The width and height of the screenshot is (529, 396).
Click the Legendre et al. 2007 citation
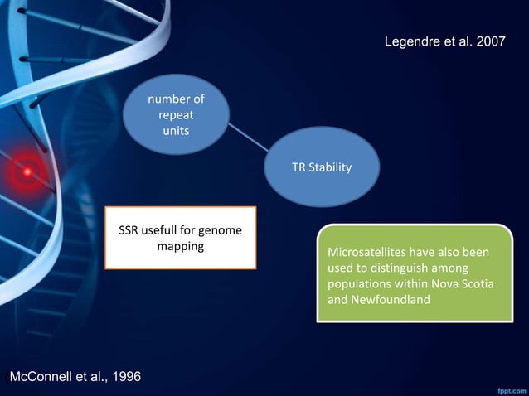click(x=444, y=42)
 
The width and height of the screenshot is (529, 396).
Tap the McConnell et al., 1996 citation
click(x=75, y=377)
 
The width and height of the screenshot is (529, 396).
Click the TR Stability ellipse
click(x=321, y=168)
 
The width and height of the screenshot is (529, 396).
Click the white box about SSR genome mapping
click(x=180, y=238)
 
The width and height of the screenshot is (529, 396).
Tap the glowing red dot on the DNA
click(x=27, y=171)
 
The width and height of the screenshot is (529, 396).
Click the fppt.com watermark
click(x=508, y=388)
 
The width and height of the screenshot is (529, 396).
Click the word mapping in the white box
click(x=180, y=246)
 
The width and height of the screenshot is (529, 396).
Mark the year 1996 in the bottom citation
click(x=124, y=377)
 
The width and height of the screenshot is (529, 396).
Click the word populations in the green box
click(x=360, y=284)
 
